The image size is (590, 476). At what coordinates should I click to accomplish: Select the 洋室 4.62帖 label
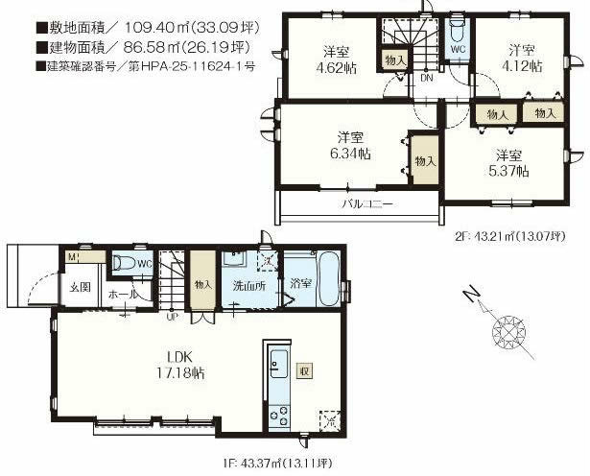(x=332, y=60)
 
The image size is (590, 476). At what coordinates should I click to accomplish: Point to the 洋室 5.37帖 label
(x=508, y=163)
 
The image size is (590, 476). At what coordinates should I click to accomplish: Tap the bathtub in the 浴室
(x=325, y=278)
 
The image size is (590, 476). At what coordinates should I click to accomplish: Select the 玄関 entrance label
(x=80, y=286)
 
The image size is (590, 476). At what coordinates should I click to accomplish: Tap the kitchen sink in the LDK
(x=278, y=364)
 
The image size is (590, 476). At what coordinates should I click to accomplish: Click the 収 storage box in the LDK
(x=303, y=370)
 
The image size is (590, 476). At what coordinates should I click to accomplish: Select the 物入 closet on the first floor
(x=202, y=284)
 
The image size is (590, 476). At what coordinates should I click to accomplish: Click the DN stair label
(x=426, y=80)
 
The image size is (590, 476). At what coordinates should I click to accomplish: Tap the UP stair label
(x=171, y=316)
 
